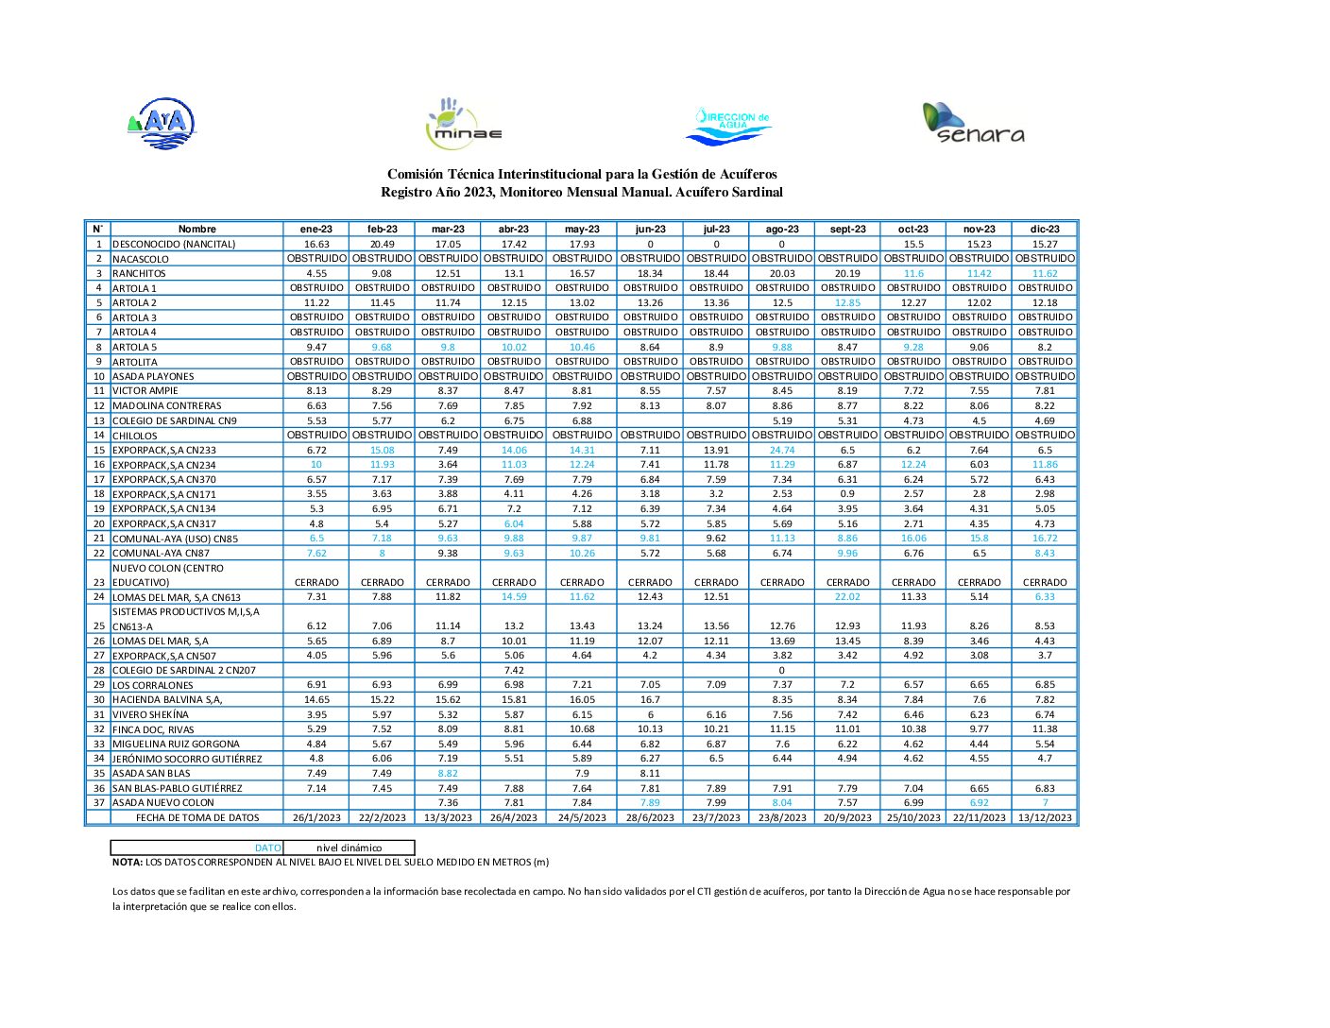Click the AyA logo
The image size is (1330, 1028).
tap(162, 124)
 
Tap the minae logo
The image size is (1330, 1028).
tap(464, 124)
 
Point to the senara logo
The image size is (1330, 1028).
tap(974, 123)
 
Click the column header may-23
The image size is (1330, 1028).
tap(582, 229)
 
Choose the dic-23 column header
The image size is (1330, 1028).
tap(1045, 229)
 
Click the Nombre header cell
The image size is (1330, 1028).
tap(196, 229)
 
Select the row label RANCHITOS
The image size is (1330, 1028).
tap(139, 274)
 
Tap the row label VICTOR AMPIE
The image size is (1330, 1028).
tap(145, 391)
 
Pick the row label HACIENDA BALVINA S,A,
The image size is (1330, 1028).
tap(167, 700)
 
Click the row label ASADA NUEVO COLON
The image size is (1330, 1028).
tap(162, 803)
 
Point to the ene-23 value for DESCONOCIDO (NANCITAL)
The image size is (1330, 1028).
tap(316, 244)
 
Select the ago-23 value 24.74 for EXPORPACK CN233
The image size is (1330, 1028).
tap(782, 451)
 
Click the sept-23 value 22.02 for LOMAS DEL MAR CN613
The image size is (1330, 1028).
tap(847, 597)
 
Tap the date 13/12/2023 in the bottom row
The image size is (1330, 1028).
tap(1045, 818)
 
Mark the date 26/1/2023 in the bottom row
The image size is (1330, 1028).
tap(316, 818)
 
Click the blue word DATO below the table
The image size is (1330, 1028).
tap(268, 848)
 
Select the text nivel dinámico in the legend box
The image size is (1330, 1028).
tap(350, 848)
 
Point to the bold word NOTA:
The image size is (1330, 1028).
tap(128, 863)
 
